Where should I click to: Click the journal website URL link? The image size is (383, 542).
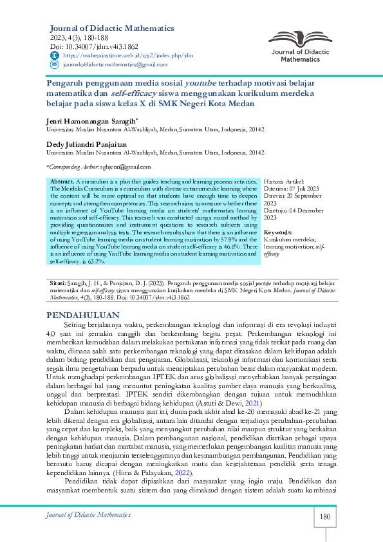coord(128,56)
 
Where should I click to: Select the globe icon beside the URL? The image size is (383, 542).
coord(53,56)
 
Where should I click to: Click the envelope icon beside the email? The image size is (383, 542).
coord(53,65)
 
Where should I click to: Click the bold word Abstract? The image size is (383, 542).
coord(62,182)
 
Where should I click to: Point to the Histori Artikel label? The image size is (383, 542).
coord(285,182)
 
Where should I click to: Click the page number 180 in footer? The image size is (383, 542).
coord(325,516)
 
